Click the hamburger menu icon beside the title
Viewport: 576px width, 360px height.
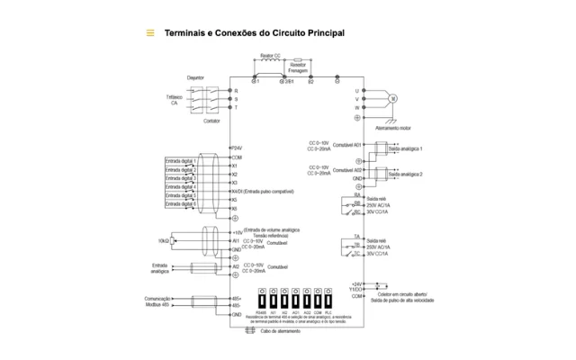coord(150,33)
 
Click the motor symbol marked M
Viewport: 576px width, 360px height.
coord(392,97)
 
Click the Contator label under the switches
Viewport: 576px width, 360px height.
coord(211,121)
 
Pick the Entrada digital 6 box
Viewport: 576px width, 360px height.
coord(181,204)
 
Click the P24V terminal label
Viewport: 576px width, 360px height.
coord(238,148)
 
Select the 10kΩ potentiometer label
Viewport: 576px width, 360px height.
coord(164,241)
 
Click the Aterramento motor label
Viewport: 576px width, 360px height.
coord(393,128)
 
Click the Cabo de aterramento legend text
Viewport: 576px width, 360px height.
coord(281,331)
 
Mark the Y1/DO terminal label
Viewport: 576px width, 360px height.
coord(357,290)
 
